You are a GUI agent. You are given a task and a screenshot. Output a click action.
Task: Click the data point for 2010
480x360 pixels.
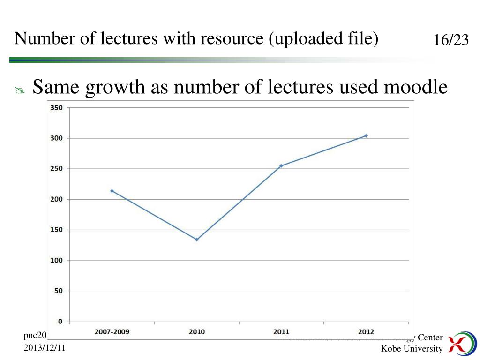[x=197, y=240]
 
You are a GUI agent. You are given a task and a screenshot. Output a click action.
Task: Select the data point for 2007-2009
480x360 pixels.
[x=112, y=191]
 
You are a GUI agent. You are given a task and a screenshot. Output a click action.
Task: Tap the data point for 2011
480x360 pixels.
[x=281, y=165]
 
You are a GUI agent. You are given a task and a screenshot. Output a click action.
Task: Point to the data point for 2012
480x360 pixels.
[x=366, y=135]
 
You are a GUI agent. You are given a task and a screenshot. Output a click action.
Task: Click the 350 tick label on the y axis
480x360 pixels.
[x=56, y=108]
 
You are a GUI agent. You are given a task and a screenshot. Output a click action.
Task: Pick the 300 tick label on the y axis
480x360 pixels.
[x=56, y=138]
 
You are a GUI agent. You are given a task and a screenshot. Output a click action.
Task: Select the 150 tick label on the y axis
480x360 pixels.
[x=56, y=230]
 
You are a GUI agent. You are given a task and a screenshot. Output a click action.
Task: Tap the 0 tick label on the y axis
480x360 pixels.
[x=60, y=322]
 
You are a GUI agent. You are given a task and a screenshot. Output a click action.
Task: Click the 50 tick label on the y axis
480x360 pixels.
[x=58, y=291]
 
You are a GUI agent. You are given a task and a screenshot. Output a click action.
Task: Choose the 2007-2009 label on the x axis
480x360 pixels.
[x=112, y=332]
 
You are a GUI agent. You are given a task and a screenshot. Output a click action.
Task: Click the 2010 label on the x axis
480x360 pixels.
[x=197, y=332]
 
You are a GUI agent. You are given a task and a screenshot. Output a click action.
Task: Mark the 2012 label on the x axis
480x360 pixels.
[x=366, y=332]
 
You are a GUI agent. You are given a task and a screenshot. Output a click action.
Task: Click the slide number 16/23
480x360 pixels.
[x=451, y=40]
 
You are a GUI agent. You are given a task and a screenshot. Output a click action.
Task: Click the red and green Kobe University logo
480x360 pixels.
[x=461, y=343]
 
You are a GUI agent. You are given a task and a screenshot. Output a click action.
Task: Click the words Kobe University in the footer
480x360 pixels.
[x=412, y=348]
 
